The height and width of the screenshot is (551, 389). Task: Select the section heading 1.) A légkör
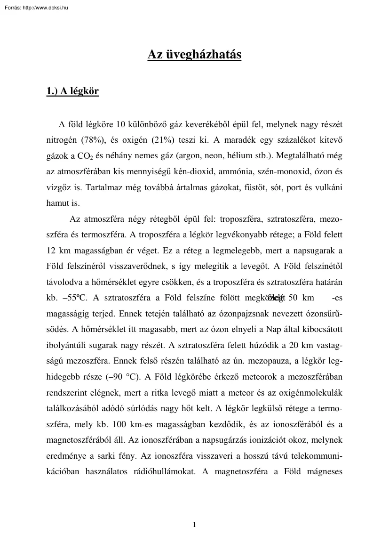72,91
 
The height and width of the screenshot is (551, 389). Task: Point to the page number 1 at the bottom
194,525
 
